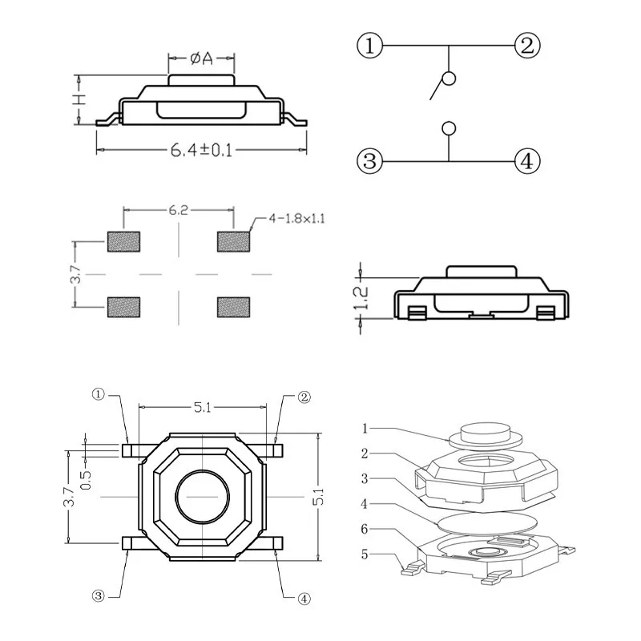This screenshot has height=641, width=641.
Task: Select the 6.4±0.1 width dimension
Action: (x=201, y=150)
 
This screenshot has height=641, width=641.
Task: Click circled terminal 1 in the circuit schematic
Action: (x=369, y=46)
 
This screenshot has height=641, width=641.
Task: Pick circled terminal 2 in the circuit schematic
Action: (x=526, y=46)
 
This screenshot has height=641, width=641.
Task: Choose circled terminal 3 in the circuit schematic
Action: (x=369, y=161)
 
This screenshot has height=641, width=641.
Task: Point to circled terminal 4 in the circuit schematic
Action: (x=526, y=161)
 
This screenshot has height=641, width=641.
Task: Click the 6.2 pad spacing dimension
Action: (x=178, y=211)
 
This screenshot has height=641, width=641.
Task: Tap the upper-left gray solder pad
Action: (x=123, y=240)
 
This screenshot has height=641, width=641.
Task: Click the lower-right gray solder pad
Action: (x=233, y=306)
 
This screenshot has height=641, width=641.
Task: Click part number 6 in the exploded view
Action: (x=365, y=530)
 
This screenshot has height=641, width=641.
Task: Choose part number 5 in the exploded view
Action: (x=365, y=554)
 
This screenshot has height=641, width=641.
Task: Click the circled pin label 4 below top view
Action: (x=304, y=597)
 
